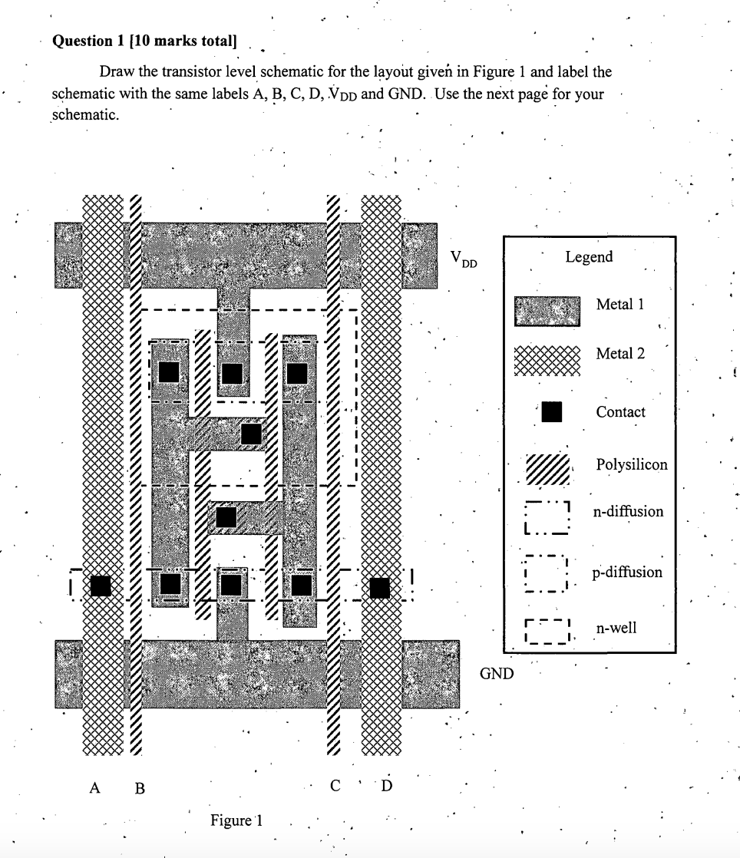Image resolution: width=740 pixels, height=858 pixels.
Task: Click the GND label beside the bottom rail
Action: point(497,675)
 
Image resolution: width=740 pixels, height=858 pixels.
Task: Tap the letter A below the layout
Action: point(95,787)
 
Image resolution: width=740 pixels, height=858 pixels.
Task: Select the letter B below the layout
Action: point(140,787)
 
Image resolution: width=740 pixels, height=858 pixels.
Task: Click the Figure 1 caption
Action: point(237,820)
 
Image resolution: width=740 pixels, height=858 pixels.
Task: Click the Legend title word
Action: point(589,257)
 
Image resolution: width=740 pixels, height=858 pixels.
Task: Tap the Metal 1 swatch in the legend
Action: point(547,310)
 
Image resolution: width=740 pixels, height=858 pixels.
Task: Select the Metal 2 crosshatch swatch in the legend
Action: point(547,359)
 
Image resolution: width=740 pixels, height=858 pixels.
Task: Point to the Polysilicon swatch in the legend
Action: point(548,467)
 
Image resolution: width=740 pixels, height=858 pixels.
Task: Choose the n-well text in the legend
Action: point(616,629)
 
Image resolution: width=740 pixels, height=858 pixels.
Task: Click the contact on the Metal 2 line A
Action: point(101,586)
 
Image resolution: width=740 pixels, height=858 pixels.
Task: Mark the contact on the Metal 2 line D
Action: point(379,587)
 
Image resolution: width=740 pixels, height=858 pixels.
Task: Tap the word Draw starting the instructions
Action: point(117,73)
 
